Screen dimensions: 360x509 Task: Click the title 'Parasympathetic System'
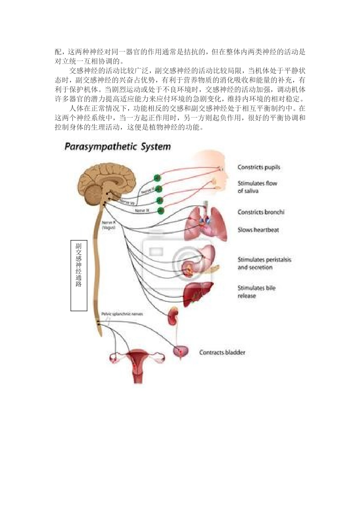[x=117, y=147]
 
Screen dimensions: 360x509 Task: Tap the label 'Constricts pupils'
[x=259, y=167]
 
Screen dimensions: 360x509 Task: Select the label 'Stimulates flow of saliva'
[x=257, y=187]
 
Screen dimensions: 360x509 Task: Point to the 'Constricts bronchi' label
[x=261, y=212]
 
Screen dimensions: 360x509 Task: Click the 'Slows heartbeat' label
[x=258, y=230]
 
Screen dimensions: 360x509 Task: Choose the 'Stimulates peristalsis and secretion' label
[x=264, y=263]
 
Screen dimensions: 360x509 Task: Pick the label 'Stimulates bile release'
[x=257, y=292]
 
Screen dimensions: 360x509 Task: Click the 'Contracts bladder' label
[x=222, y=353]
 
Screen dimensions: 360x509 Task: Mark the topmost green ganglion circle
[x=157, y=177]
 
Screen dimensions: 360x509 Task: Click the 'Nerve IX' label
[x=141, y=211]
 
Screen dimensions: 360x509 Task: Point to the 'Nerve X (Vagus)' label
[x=109, y=226]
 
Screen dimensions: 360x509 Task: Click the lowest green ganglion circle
[x=161, y=210]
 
